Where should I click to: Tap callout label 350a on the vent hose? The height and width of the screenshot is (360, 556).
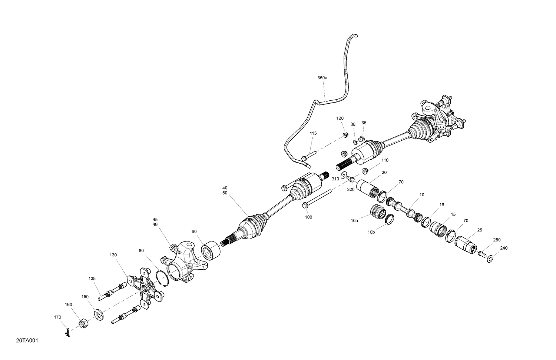point(322,78)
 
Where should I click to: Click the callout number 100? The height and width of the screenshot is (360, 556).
point(308,217)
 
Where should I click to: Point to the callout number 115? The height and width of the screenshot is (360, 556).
point(313,133)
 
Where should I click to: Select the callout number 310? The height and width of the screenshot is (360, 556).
point(335,179)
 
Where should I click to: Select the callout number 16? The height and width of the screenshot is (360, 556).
point(441,205)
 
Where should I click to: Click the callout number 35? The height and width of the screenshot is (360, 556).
point(364,123)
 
